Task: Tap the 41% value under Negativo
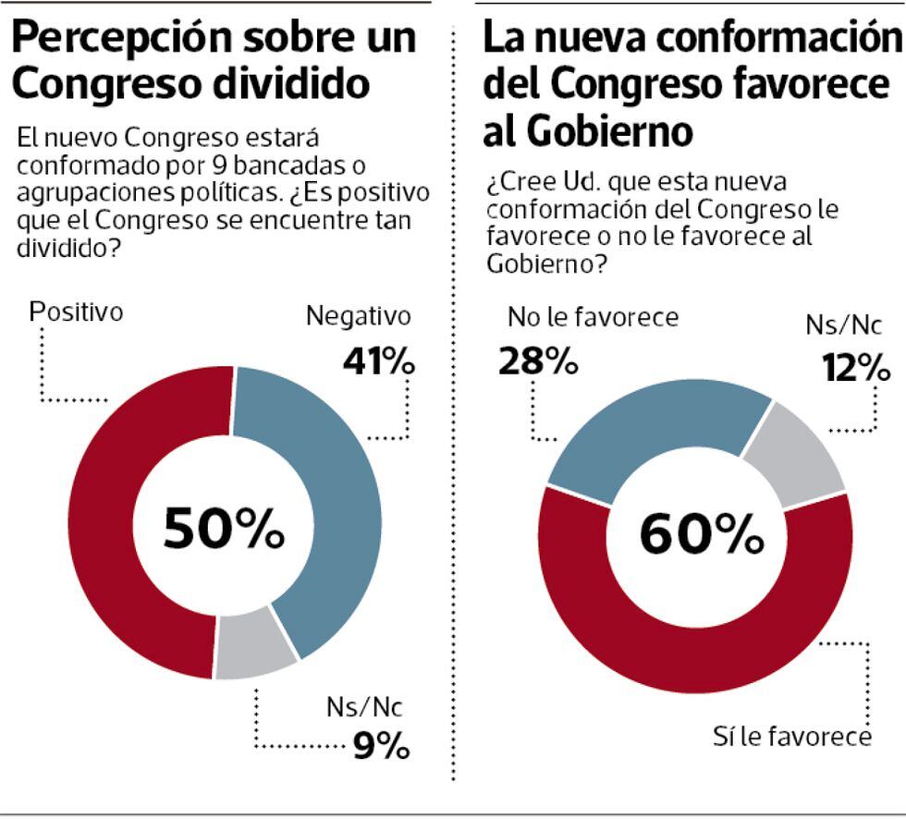377,363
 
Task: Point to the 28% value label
537,361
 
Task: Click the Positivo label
77,312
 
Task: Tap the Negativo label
358,317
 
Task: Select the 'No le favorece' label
593,318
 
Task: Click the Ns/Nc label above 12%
842,325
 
